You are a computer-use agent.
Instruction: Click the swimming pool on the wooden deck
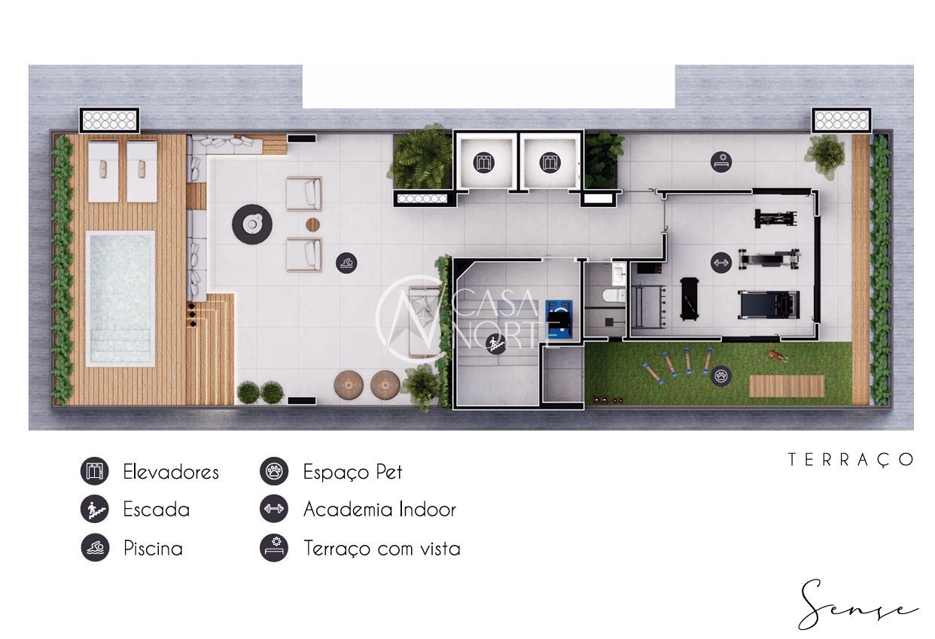click(120, 299)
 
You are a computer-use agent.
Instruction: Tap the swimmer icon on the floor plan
click(346, 263)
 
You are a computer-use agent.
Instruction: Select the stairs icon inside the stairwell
click(496, 344)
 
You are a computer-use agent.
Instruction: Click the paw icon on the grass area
click(721, 376)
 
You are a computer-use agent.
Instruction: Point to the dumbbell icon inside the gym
click(721, 263)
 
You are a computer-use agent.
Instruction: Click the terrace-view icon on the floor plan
click(721, 162)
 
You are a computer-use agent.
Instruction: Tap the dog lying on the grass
click(775, 355)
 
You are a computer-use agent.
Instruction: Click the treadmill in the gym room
click(769, 304)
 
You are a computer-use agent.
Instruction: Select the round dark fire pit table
click(252, 224)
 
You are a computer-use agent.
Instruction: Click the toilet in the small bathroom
click(614, 296)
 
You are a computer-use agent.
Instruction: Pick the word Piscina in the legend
click(153, 549)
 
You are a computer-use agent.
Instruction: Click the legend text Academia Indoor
click(379, 510)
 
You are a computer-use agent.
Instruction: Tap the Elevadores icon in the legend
click(95, 471)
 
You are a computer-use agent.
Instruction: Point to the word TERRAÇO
click(851, 460)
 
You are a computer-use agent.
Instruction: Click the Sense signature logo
click(857, 606)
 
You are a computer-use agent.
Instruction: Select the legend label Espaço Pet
click(353, 472)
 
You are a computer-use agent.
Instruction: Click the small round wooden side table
click(312, 224)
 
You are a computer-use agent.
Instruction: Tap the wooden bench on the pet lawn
click(787, 386)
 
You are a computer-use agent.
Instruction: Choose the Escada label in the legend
click(157, 510)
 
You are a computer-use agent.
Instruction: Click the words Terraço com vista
click(382, 549)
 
